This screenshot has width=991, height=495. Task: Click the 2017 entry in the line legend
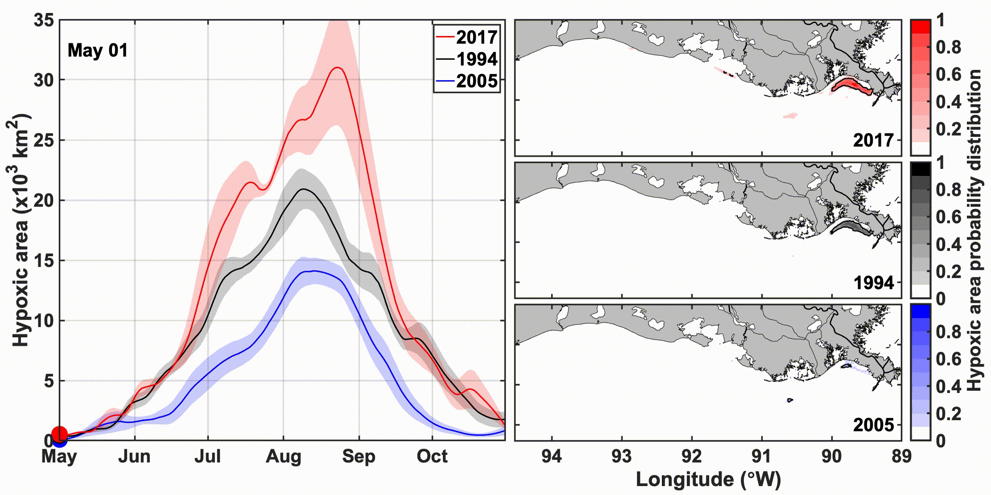pos(476,37)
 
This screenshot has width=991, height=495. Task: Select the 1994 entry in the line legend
pos(476,59)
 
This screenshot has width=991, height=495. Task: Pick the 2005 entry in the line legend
pos(476,81)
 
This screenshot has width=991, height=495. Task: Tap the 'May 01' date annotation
pos(97,50)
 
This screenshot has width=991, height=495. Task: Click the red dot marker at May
pos(60,434)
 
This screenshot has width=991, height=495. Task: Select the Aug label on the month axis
pos(283,457)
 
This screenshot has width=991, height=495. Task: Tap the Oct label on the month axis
pos(432,457)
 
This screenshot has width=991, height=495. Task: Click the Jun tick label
pos(134,457)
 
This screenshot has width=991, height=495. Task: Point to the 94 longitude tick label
pos(552,457)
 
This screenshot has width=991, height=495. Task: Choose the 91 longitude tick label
pos(761,457)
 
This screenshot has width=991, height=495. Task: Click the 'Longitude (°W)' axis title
pos(708,479)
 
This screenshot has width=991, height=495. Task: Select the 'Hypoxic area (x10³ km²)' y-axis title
pos(20,230)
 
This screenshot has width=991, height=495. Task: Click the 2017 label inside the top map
pos(873,140)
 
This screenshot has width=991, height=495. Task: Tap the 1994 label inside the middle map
pos(873,283)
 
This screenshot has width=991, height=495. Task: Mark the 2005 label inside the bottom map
pos(873,425)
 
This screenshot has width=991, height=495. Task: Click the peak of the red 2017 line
pos(338,68)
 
